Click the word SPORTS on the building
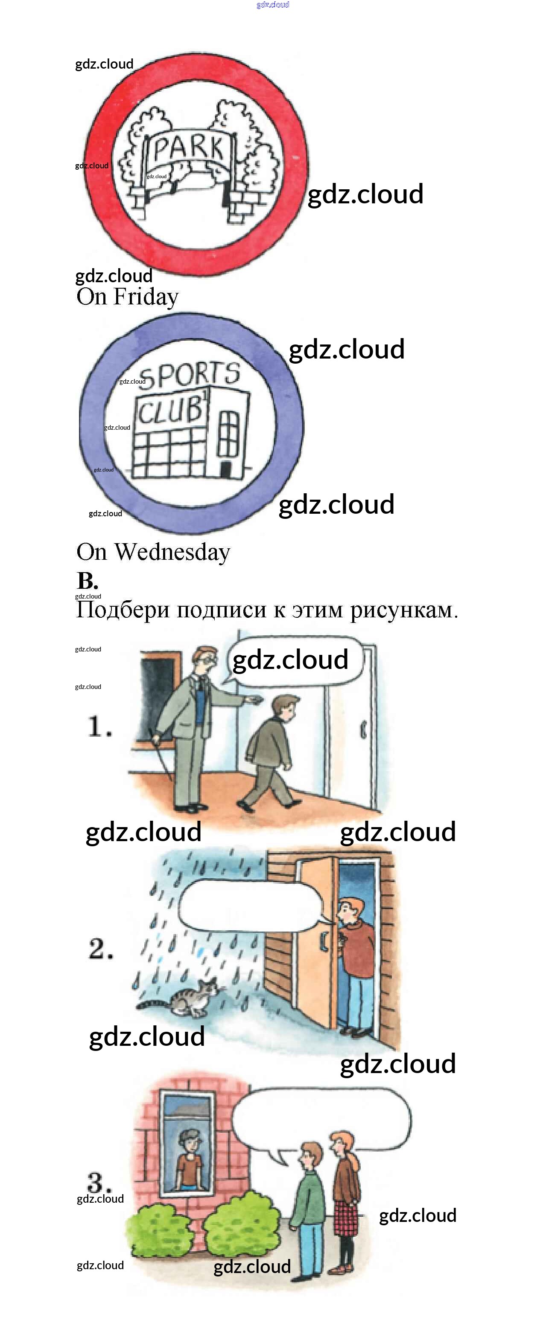click(190, 375)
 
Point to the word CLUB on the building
click(170, 410)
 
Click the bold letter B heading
click(87, 580)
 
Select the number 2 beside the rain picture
click(100, 949)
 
